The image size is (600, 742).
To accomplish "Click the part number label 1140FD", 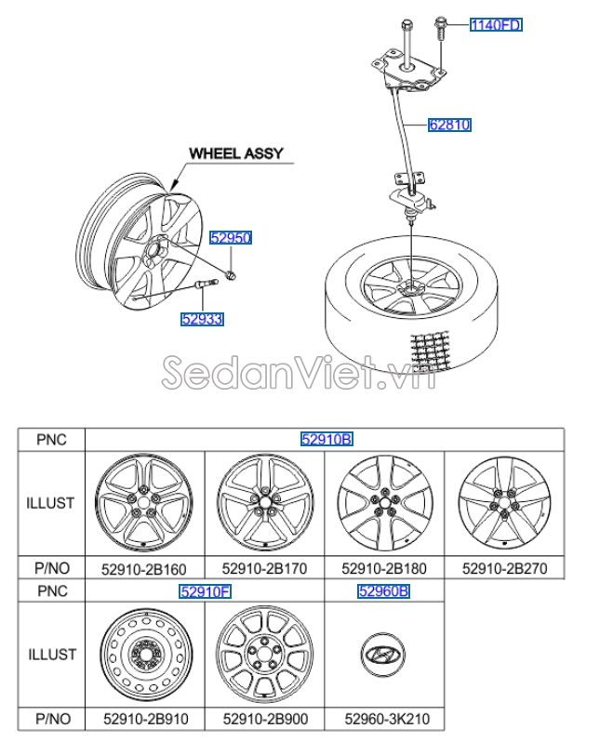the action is click(496, 24).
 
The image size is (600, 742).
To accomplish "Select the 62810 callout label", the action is click(449, 125).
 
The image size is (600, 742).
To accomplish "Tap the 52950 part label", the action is click(231, 237).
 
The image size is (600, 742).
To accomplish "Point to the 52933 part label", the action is click(202, 319).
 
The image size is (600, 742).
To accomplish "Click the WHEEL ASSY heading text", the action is click(236, 153).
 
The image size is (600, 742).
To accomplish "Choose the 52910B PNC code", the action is click(327, 440).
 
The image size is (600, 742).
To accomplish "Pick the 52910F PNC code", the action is click(205, 591).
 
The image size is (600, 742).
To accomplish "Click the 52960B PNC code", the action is click(384, 591).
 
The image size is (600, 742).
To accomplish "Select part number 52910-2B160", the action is click(144, 569).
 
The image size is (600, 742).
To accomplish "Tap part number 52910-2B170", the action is click(265, 568).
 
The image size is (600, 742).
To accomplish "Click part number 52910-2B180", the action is click(384, 568).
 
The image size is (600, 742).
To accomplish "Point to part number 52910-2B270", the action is click(505, 568).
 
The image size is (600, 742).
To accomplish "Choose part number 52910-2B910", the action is click(146, 720).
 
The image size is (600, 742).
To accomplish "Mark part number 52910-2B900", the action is click(266, 720).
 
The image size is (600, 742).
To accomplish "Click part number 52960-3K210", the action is click(387, 720).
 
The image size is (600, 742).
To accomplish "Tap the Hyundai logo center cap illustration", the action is click(383, 655).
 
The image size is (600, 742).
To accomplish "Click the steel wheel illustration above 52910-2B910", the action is click(146, 655).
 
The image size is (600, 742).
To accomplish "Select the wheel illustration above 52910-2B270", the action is click(504, 503).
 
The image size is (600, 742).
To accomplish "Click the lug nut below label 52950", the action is click(231, 274).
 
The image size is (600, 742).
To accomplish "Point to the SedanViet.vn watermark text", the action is click(299, 373).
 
